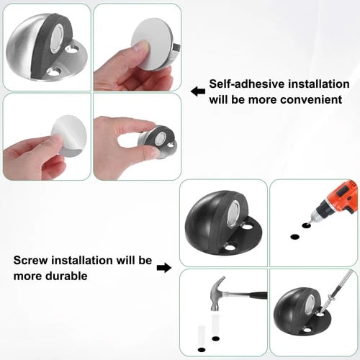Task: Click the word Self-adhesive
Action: click(247, 84)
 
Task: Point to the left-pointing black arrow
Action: click(198, 91)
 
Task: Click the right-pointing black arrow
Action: click(164, 268)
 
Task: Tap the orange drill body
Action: click(343, 196)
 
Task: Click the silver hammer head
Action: click(217, 294)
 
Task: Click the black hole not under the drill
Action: click(295, 237)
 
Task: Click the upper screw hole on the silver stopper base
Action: click(72, 50)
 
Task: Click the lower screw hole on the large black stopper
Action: click(229, 247)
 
